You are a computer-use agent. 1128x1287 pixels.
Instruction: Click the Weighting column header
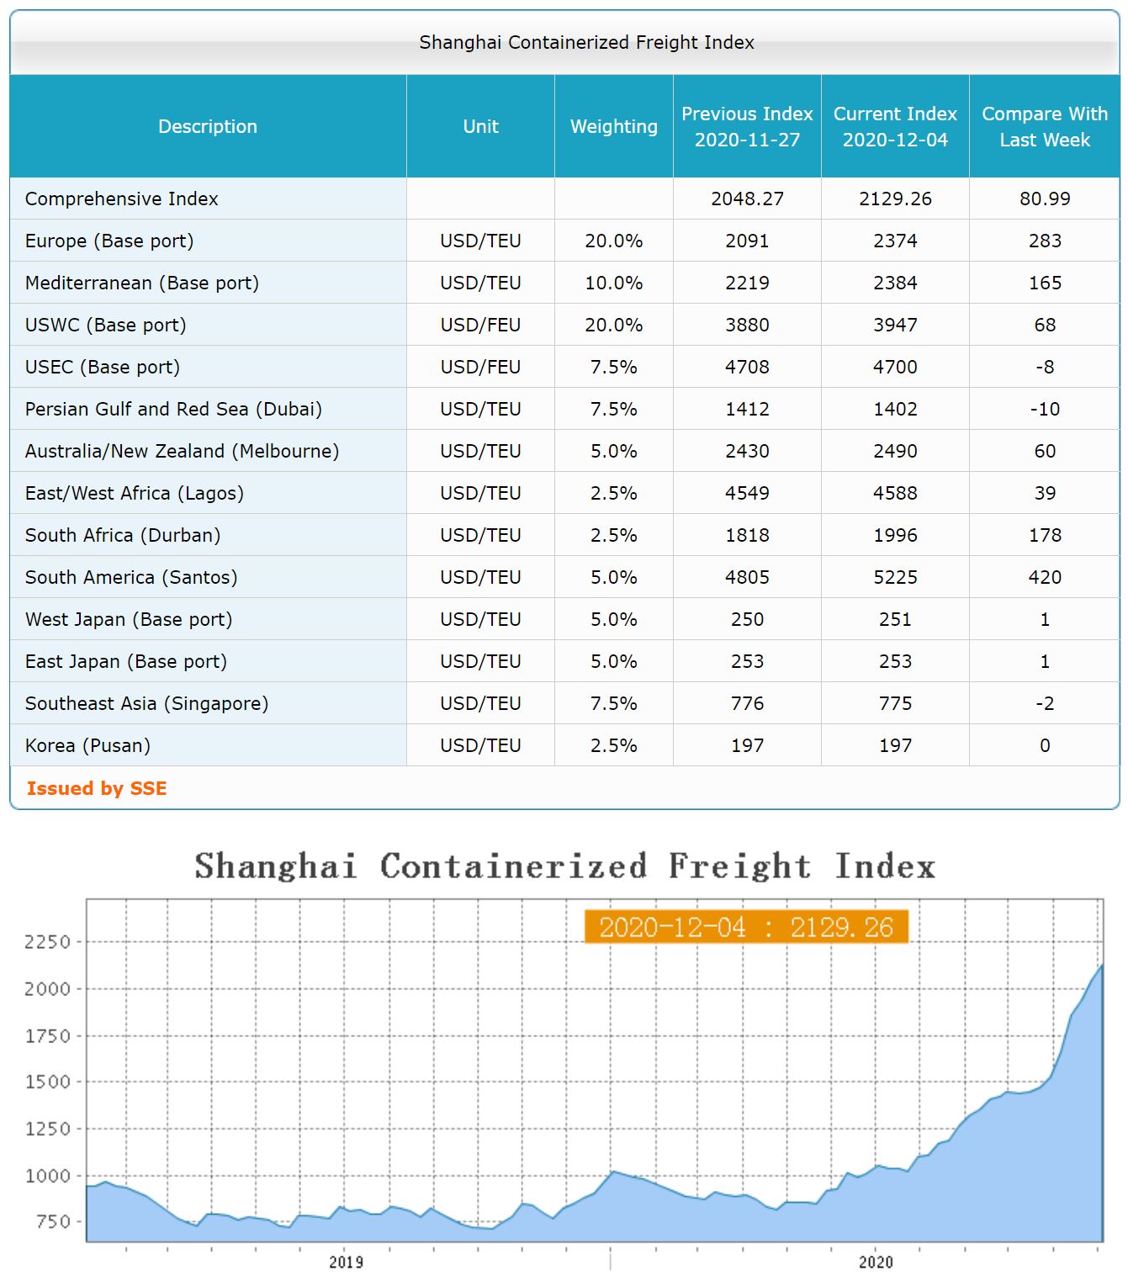[613, 126]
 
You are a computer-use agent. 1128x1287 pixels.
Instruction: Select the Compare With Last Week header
[1044, 126]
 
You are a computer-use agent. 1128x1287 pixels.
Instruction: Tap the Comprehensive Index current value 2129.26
[895, 199]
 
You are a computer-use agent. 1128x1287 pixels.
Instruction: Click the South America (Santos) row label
[131, 577]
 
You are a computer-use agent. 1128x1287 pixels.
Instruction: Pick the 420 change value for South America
[1044, 577]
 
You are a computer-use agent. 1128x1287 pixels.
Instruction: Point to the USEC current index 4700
[895, 367]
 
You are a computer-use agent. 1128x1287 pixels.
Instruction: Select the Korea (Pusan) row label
[87, 745]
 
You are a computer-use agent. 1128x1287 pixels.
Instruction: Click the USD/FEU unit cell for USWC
[480, 325]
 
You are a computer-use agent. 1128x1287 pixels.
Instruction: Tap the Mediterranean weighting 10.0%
[613, 283]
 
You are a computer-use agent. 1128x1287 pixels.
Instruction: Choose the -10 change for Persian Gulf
[1044, 409]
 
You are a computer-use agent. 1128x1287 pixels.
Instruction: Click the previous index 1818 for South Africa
[747, 535]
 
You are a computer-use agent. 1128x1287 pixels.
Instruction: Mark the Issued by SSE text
[97, 788]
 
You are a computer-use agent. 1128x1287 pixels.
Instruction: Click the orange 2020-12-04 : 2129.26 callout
[745, 927]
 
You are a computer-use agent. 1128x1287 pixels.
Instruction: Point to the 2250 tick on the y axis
[47, 941]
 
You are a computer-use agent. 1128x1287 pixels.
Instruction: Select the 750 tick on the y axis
[53, 1221]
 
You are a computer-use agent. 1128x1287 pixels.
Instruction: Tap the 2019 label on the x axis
[346, 1262]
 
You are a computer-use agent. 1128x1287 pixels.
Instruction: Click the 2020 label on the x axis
[876, 1262]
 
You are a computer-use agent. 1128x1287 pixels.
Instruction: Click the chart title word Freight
[739, 866]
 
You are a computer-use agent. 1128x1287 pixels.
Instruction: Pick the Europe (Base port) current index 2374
[895, 241]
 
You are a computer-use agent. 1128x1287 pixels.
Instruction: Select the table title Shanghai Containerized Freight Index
[586, 42]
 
